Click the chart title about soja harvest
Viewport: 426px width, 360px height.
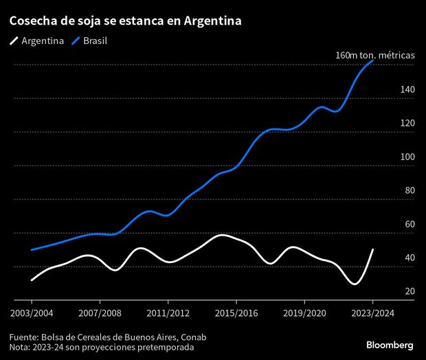[x=125, y=21]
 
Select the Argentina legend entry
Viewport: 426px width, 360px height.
[x=38, y=41]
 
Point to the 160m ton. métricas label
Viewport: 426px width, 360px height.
[x=374, y=55]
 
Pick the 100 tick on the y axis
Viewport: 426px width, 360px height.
[x=407, y=157]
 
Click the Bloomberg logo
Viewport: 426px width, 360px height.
[x=390, y=344]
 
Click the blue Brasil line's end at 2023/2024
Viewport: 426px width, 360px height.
[x=372, y=60]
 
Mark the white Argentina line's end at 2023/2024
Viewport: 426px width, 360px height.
[x=372, y=249]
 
